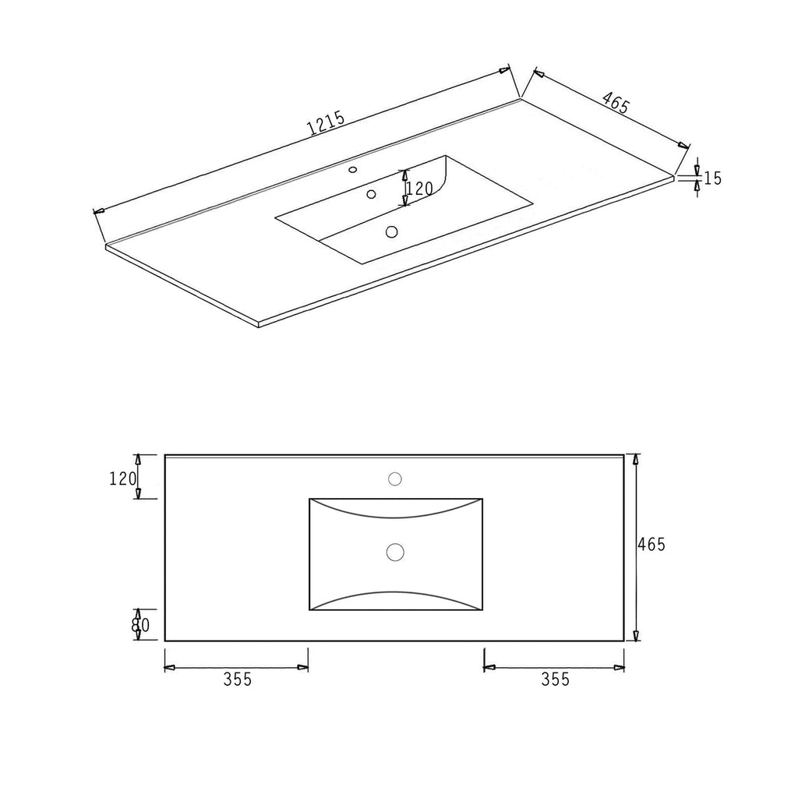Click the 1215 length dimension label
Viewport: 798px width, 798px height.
(327, 124)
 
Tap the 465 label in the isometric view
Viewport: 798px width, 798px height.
(616, 104)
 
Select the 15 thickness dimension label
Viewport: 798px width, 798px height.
(712, 178)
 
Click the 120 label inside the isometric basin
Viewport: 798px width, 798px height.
(421, 189)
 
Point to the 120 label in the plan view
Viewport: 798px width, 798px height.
(122, 478)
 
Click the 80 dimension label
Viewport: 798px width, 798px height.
(140, 625)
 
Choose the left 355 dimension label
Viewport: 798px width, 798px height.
(238, 679)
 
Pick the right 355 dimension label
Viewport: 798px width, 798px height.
(555, 679)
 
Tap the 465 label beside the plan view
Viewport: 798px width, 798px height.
(652, 545)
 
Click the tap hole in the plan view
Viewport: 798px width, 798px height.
(395, 479)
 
